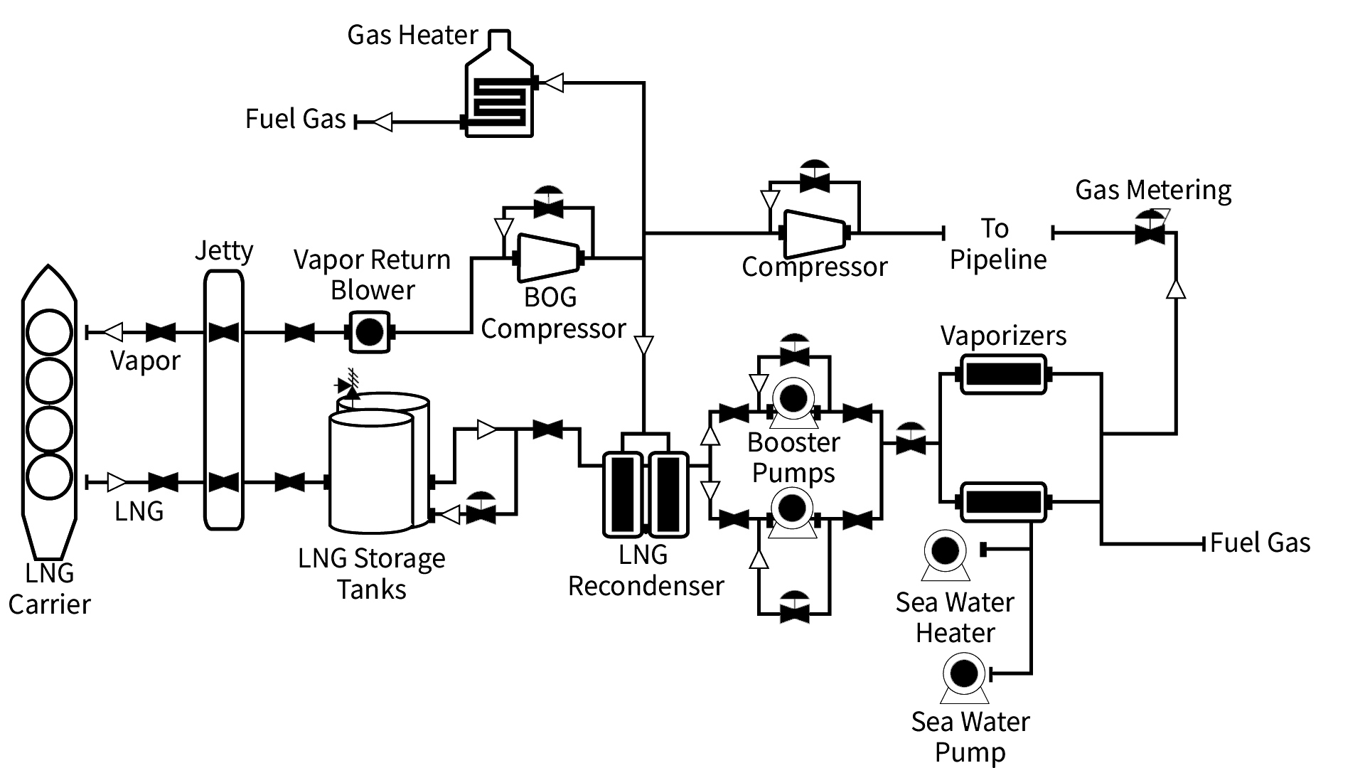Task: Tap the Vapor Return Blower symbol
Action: click(369, 332)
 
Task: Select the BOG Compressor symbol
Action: click(547, 257)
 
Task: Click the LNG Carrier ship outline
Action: click(49, 412)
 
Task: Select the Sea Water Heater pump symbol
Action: click(946, 552)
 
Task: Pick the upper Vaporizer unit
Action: click(1003, 374)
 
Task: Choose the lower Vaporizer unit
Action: click(1003, 501)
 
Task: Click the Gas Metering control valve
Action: click(1150, 229)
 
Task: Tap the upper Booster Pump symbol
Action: click(793, 399)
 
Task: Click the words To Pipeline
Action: click(997, 244)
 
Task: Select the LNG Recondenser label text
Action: click(646, 570)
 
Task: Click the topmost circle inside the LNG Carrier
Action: click(49, 332)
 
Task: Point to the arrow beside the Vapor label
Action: click(113, 332)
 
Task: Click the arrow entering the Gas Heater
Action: click(553, 83)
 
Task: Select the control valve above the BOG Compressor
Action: click(548, 203)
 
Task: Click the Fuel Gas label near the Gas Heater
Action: click(295, 119)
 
